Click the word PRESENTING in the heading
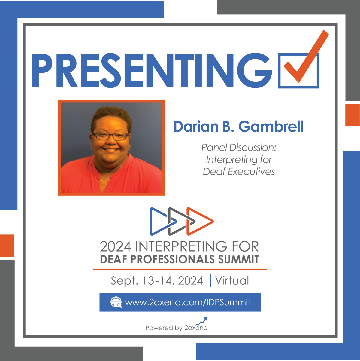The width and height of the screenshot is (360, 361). tap(152, 70)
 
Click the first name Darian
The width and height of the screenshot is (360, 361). tap(196, 127)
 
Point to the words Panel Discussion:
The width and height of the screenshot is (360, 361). tap(239, 148)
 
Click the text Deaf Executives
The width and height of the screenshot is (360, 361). tap(239, 171)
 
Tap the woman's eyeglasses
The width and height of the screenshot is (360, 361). tap(110, 136)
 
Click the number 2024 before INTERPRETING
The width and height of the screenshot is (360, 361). tap(115, 246)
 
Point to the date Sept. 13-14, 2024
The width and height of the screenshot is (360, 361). tap(157, 281)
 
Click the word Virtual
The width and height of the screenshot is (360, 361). tap(232, 280)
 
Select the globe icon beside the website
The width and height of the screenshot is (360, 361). tap(116, 302)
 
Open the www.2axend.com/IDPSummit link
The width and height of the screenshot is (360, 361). tap(187, 302)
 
